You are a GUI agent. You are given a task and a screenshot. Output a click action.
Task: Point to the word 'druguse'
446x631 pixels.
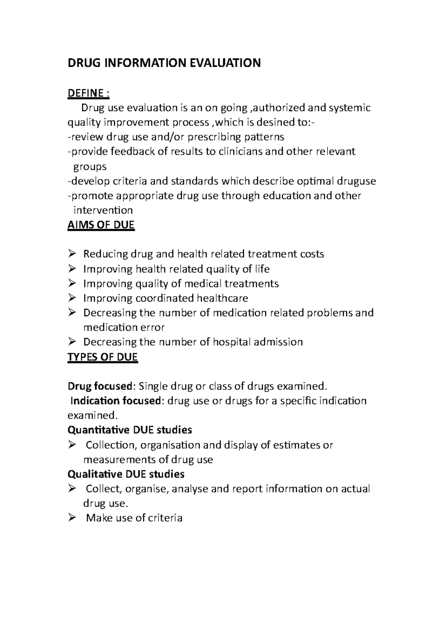click(356, 181)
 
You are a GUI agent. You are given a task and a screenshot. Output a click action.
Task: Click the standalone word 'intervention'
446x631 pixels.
click(103, 210)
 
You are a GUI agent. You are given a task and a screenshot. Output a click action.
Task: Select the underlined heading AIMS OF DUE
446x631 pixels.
click(101, 225)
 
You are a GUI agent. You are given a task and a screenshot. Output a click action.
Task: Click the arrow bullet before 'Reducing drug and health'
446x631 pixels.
click(72, 254)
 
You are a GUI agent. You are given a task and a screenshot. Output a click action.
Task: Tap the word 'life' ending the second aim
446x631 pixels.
click(262, 269)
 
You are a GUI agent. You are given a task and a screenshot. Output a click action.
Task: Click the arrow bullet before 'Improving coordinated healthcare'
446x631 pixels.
click(72, 298)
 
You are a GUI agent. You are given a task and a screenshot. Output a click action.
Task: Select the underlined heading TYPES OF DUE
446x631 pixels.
click(103, 357)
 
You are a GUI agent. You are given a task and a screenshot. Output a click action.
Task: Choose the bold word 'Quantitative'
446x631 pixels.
click(98, 430)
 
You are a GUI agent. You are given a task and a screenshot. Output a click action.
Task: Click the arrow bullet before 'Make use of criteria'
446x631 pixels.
click(72, 518)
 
